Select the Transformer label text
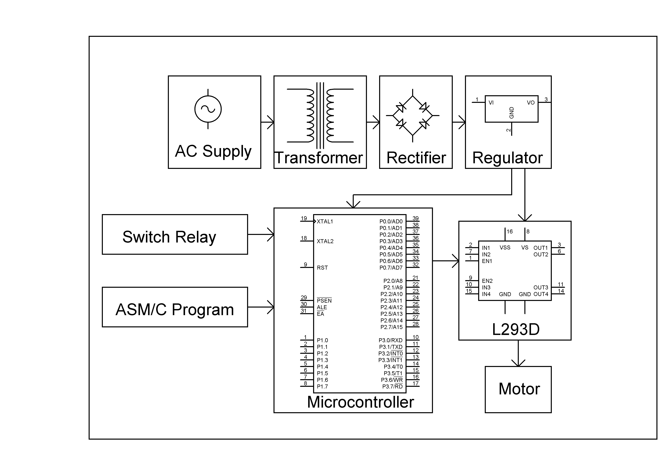click(319, 158)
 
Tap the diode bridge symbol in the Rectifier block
click(412, 115)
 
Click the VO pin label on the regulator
click(530, 103)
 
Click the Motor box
click(518, 389)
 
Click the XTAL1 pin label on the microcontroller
click(325, 221)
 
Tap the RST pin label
click(322, 268)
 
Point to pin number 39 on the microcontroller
click(415, 218)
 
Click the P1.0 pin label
click(322, 340)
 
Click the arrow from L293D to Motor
click(518, 353)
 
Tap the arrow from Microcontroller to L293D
click(446, 261)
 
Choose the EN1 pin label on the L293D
click(487, 261)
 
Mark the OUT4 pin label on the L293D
click(541, 294)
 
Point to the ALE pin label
click(322, 307)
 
